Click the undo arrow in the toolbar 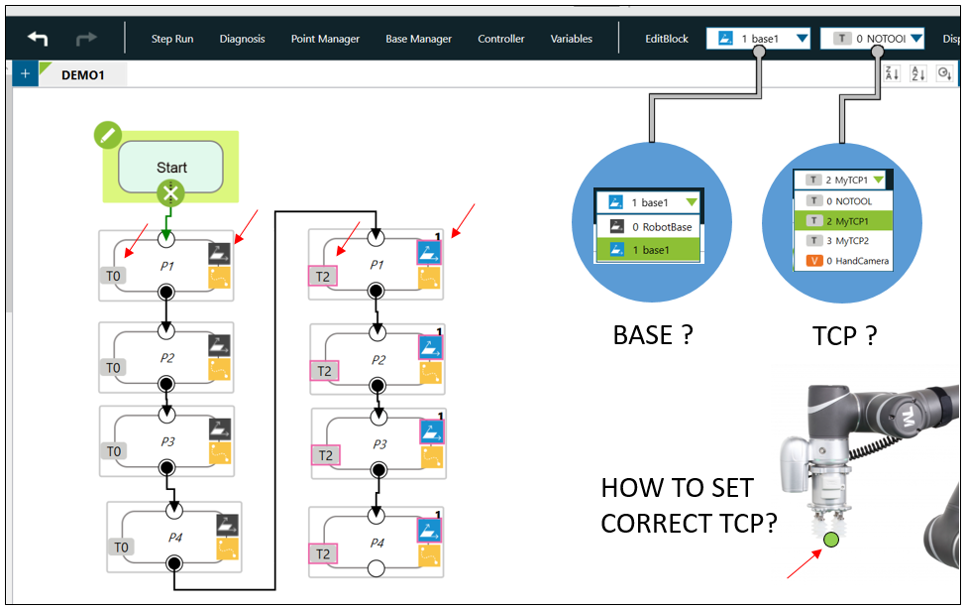coord(38,39)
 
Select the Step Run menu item coord(172,39)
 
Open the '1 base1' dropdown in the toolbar coord(760,39)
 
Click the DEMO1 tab coord(83,74)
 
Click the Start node coord(171,168)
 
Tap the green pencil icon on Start coord(108,136)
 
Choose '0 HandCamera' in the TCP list coord(850,261)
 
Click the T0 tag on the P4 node coord(122,547)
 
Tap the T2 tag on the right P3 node coord(324,455)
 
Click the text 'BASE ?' coord(653,335)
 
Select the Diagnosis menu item coord(243,39)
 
